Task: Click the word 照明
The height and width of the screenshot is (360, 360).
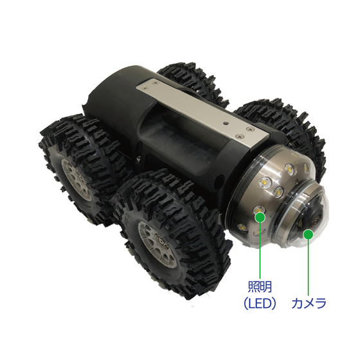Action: coord(260,287)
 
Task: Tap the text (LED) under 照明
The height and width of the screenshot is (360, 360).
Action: coord(260,303)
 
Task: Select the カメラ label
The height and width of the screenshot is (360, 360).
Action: coord(309,303)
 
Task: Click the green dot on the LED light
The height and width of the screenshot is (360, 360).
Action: coord(260,217)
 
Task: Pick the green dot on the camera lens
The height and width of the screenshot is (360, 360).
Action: coord(309,235)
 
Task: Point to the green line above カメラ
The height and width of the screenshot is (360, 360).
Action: coord(309,267)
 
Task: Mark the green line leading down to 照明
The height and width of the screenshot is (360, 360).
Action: coord(260,250)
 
